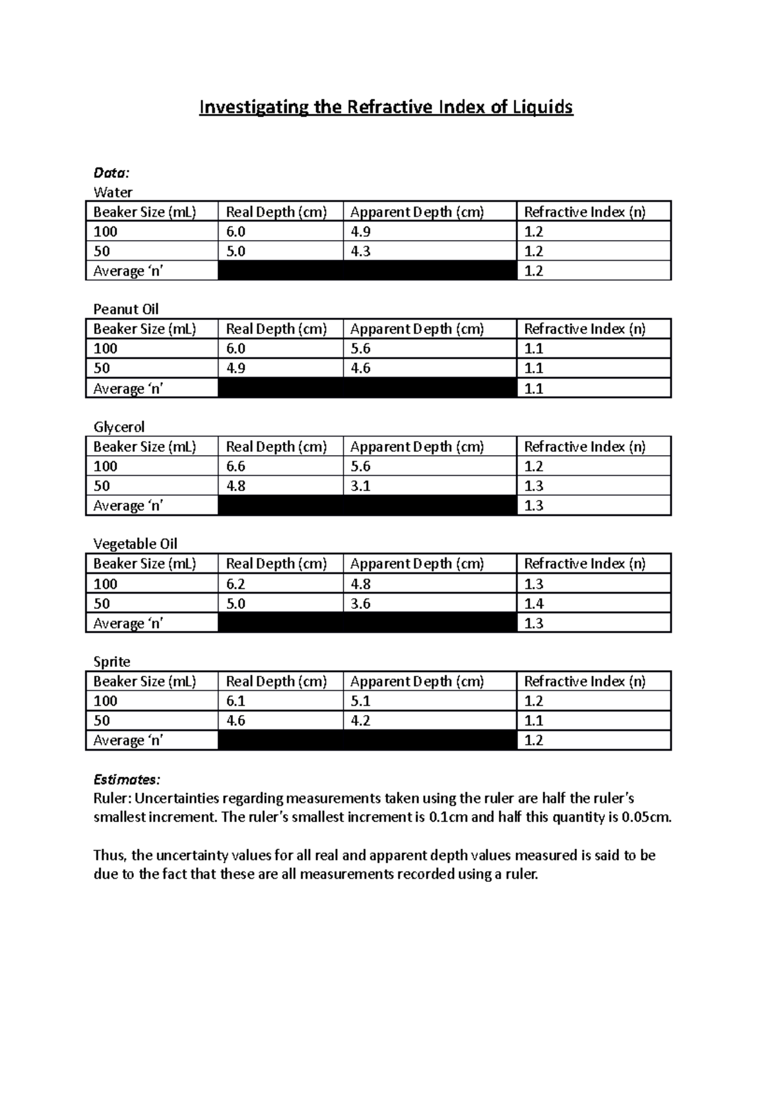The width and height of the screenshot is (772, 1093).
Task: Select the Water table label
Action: click(113, 192)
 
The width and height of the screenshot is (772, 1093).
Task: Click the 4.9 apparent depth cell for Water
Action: click(360, 232)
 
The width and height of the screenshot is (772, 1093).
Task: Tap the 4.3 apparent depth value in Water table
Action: click(360, 251)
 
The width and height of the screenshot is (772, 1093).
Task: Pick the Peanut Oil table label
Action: click(126, 309)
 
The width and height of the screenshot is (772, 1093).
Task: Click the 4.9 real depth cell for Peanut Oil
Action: click(235, 368)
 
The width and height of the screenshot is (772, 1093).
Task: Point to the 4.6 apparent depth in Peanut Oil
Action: click(360, 368)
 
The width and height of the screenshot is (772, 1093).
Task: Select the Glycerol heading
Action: click(119, 427)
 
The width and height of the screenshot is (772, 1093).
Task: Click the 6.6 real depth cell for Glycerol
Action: click(235, 466)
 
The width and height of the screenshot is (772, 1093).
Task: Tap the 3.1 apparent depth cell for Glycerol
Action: click(360, 486)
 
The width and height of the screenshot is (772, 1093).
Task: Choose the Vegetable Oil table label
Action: click(135, 544)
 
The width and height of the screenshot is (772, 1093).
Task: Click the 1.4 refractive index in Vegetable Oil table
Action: click(534, 603)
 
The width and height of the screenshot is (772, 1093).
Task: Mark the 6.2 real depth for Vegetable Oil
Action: click(235, 584)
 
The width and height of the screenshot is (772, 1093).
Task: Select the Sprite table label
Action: click(112, 662)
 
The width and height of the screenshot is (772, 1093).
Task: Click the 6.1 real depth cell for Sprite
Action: click(235, 701)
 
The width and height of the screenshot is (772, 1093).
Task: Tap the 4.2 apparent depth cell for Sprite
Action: click(360, 720)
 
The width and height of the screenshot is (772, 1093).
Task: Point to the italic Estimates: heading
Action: click(127, 780)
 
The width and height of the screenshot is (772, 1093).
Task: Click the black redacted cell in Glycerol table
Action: click(367, 505)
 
